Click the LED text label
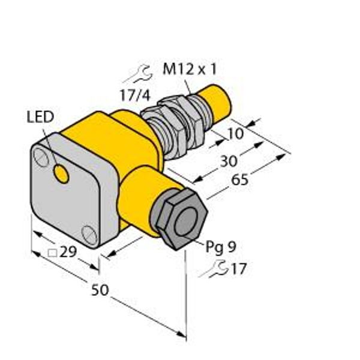pyautogui.click(x=40, y=116)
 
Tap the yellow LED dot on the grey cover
pyautogui.click(x=61, y=174)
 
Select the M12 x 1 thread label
pyautogui.click(x=190, y=69)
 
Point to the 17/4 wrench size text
pyautogui.click(x=135, y=95)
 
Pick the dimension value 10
pyautogui.click(x=235, y=134)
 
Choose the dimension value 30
pyautogui.click(x=229, y=161)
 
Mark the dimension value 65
pyautogui.click(x=239, y=179)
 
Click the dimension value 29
pyautogui.click(x=68, y=252)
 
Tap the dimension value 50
pyautogui.click(x=100, y=290)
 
